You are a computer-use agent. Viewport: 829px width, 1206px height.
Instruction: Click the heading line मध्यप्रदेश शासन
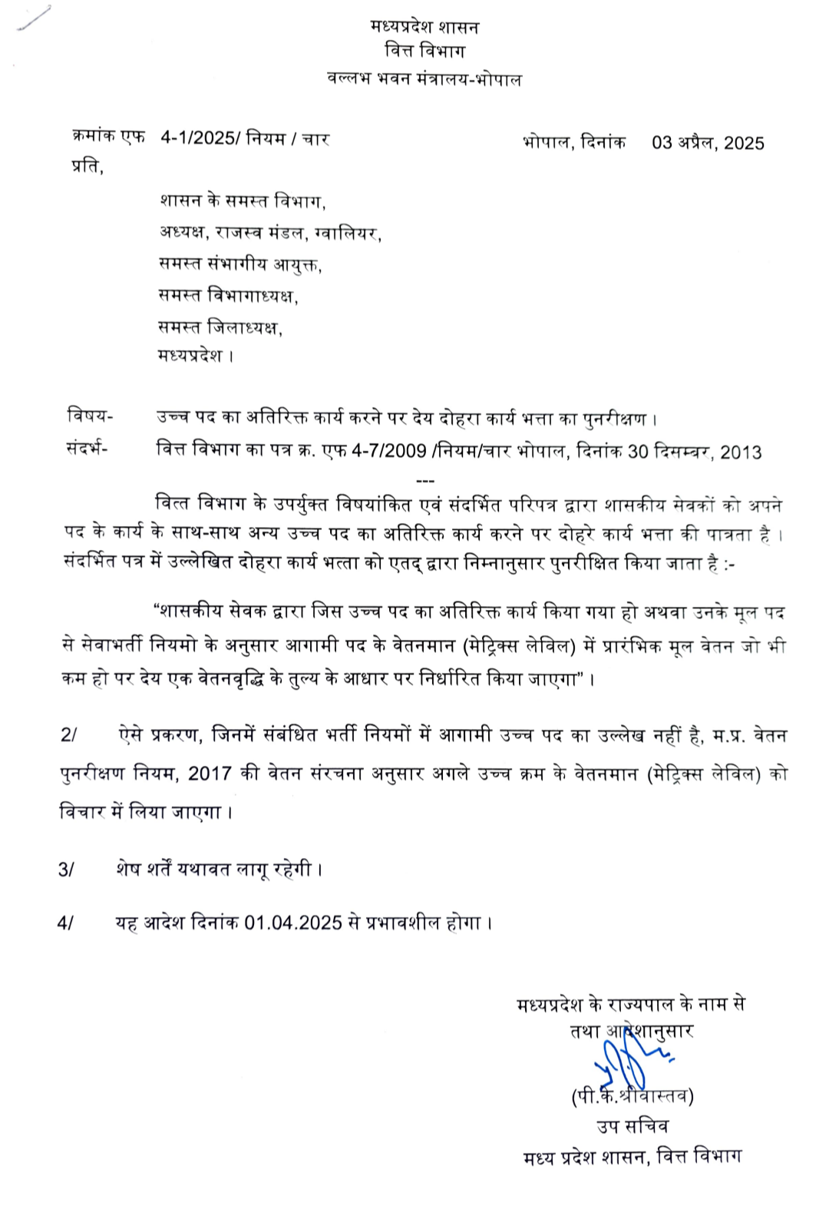pos(424,28)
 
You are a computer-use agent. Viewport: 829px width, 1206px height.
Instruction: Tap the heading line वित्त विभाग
pos(424,51)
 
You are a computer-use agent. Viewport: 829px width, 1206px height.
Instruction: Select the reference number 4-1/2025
pos(200,138)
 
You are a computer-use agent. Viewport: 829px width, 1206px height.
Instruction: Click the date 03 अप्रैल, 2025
pos(708,143)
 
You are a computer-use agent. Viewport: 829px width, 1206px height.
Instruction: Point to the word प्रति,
pos(88,167)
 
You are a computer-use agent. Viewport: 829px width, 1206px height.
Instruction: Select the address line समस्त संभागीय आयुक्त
pos(240,264)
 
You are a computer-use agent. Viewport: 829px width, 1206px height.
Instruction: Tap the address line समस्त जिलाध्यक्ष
pos(220,328)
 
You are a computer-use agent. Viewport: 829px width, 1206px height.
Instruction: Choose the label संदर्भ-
pos(87,449)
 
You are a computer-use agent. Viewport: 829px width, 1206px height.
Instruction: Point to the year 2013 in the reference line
pos(741,452)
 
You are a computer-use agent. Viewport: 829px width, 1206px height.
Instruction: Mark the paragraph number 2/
pos(69,735)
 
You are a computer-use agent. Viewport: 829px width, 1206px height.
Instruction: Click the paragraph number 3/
pos(67,870)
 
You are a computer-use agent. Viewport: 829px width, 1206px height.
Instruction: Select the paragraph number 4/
pos(66,923)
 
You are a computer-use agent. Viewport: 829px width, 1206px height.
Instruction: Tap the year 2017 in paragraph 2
pos(210,773)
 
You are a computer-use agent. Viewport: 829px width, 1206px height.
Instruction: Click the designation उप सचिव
pos(632,1126)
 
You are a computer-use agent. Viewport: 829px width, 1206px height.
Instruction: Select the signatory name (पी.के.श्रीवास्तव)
pos(632,1096)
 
